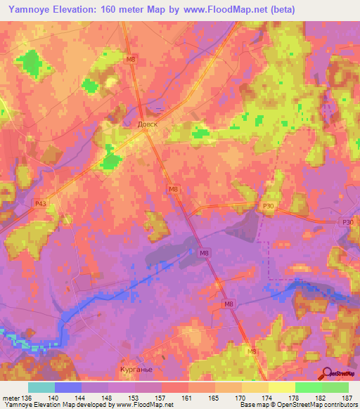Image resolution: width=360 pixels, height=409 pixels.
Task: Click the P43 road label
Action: click(x=41, y=204)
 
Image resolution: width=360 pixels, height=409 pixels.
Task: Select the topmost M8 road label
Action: click(x=130, y=59)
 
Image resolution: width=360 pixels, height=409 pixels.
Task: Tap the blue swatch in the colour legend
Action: click(x=68, y=388)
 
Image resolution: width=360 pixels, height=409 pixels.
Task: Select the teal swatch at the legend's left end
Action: click(x=41, y=388)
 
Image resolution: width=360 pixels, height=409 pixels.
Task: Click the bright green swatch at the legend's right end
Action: click(x=335, y=388)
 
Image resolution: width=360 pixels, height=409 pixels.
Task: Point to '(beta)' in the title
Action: click(x=280, y=9)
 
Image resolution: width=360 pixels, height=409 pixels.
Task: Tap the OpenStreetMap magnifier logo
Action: click(x=327, y=373)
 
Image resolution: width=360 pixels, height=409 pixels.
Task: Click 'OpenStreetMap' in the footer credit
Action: click(x=293, y=405)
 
